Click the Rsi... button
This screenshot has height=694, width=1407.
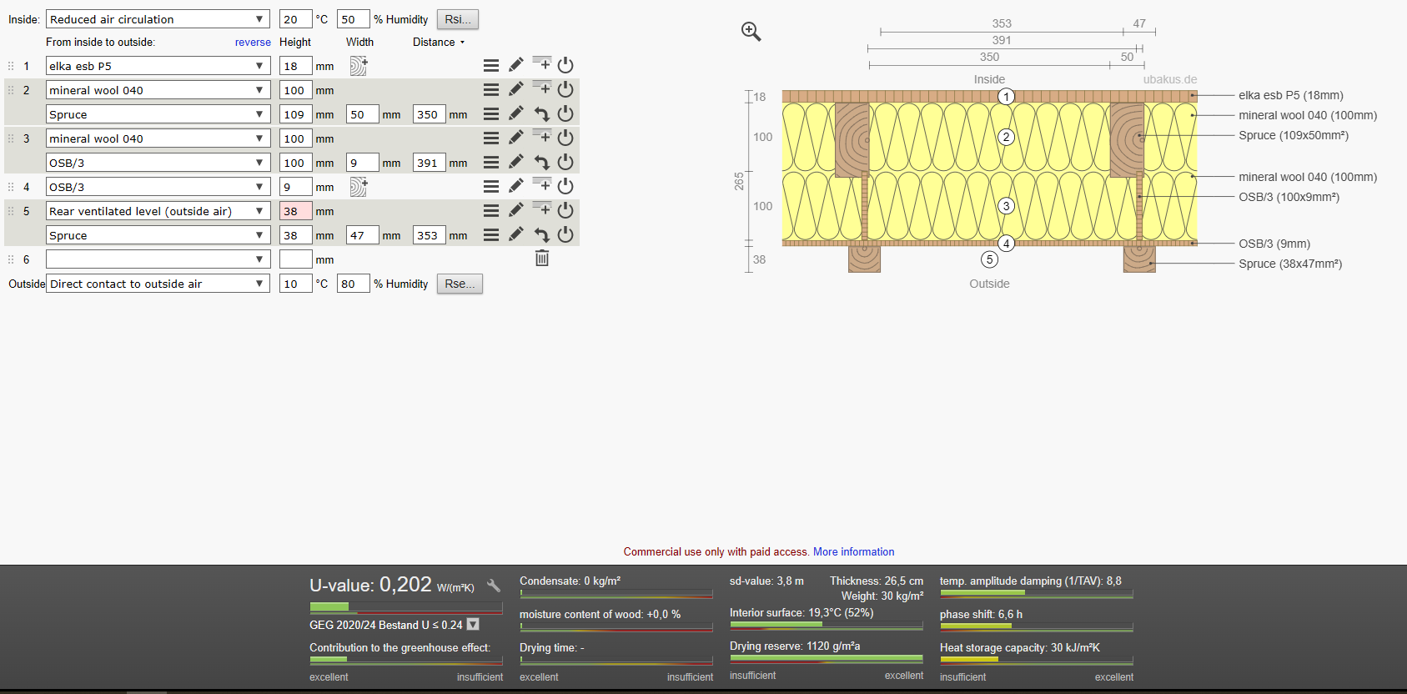tap(457, 19)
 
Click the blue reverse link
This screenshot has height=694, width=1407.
tap(253, 42)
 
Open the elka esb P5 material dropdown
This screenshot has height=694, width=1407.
tap(158, 66)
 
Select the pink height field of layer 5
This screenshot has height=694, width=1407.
tap(295, 211)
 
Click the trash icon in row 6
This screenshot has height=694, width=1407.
tap(542, 258)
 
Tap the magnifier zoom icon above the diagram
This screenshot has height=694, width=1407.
tap(751, 32)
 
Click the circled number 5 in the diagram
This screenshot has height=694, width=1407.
tap(989, 259)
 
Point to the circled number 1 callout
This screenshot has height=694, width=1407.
tap(1007, 97)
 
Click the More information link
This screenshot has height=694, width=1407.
tap(853, 551)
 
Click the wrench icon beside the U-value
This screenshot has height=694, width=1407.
tap(494, 586)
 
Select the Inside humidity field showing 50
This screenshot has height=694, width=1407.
tap(353, 19)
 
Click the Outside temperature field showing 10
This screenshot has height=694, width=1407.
tap(295, 284)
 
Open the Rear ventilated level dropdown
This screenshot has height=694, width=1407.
tap(158, 211)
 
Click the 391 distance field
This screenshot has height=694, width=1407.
tap(429, 163)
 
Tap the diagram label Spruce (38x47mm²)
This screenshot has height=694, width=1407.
tap(1290, 264)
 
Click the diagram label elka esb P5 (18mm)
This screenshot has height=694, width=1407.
tap(1291, 95)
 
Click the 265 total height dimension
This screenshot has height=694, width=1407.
tap(739, 181)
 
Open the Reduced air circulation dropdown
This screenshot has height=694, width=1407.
tap(158, 19)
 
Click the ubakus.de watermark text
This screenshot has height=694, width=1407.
tap(1169, 79)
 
